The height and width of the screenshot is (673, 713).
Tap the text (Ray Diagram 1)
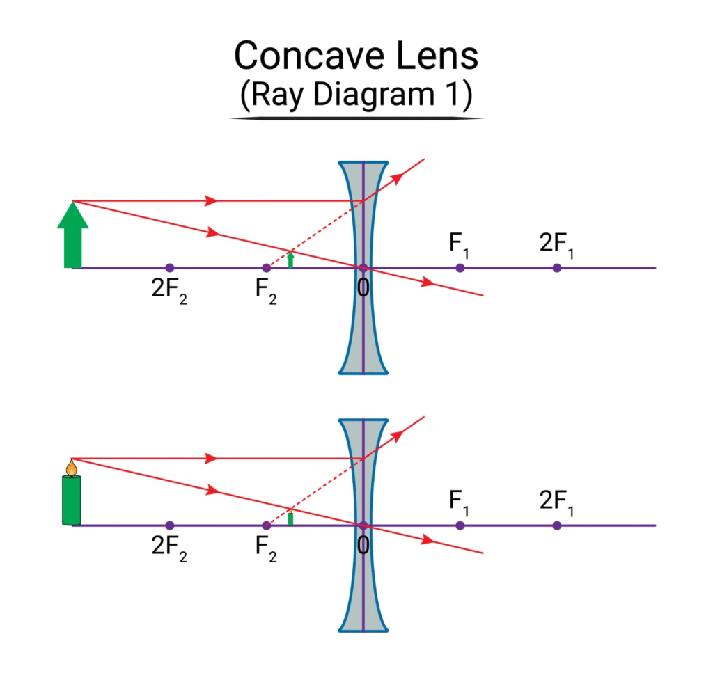[356, 95]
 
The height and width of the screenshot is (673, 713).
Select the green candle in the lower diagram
[71, 500]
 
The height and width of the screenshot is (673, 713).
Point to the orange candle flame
[71, 467]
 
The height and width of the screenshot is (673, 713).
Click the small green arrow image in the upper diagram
[291, 260]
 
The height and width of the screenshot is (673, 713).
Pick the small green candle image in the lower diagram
[290, 518]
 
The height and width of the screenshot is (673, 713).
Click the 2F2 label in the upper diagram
[169, 287]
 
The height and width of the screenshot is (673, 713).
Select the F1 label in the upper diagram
[460, 244]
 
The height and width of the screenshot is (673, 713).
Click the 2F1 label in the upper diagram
[557, 244]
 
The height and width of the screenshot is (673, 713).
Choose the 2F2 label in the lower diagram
[169, 546]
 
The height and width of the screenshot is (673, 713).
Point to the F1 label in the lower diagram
[460, 502]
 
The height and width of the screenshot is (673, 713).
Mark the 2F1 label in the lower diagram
[557, 502]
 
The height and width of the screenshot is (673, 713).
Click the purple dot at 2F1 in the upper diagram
[556, 268]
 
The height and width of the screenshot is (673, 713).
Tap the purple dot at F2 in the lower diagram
[266, 525]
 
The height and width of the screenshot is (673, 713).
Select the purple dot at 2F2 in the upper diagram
[169, 268]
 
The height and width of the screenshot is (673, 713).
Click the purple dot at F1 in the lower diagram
[460, 525]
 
